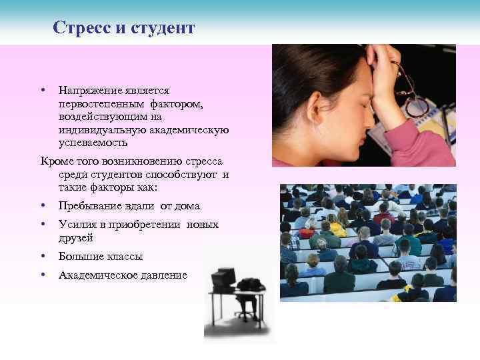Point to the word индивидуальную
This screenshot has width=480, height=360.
[x=100, y=130]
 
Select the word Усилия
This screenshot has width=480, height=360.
[x=77, y=225]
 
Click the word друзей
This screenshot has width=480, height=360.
[x=76, y=238]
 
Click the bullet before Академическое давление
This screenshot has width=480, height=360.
[x=42, y=275]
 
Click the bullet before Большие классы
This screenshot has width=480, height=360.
[x=42, y=257]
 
